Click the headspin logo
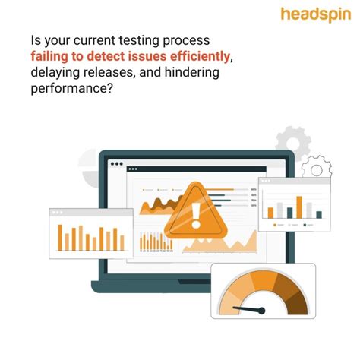click(314, 15)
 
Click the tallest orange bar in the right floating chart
click(299, 206)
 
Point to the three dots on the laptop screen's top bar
click(116, 163)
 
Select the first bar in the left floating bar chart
click(59, 242)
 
